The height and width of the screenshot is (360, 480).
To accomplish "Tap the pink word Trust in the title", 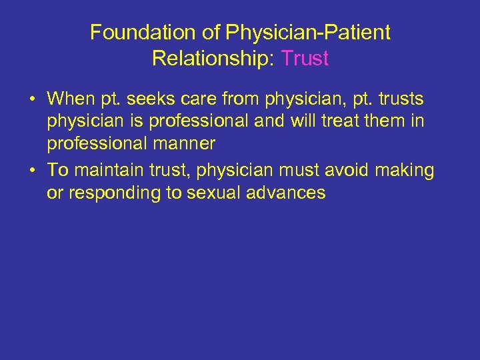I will pyautogui.click(x=305, y=58).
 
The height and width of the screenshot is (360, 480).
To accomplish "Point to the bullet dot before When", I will pyautogui.click(x=32, y=100).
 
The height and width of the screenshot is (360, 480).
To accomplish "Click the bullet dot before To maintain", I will pyautogui.click(x=32, y=171).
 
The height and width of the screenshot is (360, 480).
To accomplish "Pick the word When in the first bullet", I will pyautogui.click(x=72, y=99).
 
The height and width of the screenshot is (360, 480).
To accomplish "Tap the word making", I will pyautogui.click(x=405, y=171).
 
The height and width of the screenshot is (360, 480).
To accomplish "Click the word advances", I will pyautogui.click(x=285, y=194).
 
